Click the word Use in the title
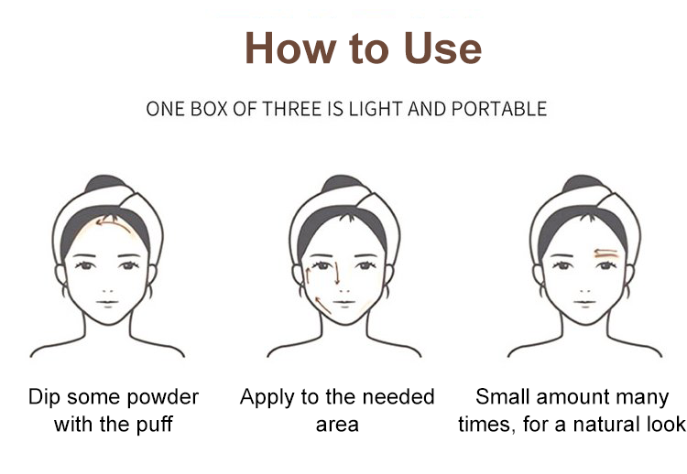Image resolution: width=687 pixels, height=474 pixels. [442, 48]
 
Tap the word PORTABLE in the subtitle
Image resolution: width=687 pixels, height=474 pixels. [499, 109]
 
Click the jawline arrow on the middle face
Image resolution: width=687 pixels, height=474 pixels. [322, 306]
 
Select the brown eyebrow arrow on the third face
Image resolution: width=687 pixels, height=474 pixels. [606, 253]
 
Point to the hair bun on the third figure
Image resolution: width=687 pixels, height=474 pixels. [583, 183]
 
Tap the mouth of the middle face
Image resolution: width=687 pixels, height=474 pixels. [343, 303]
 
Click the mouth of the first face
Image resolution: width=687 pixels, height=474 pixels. [107, 303]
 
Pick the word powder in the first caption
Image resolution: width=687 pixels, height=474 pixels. [162, 398]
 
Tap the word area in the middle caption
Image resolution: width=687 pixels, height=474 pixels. [337, 425]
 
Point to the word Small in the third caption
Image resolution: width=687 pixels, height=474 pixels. [504, 397]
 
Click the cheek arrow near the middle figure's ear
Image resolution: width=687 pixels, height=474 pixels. [309, 276]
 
